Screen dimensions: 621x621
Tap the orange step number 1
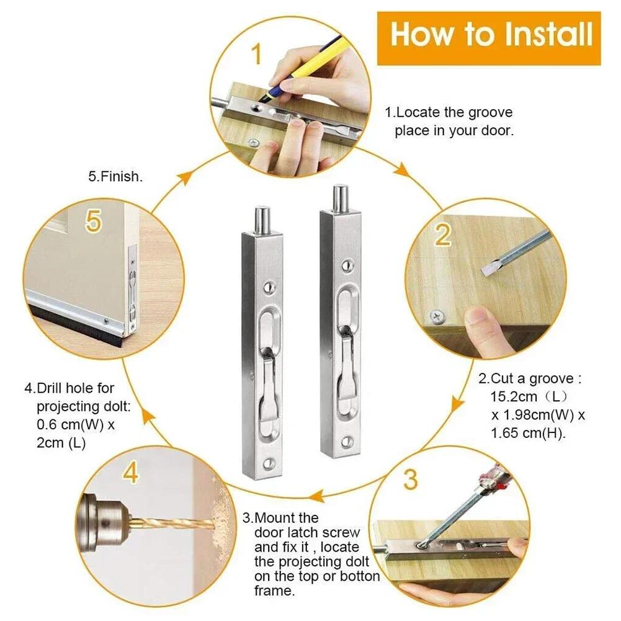coord(256,55)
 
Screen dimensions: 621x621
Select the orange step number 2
coord(442,236)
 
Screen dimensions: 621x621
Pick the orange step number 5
coord(93,221)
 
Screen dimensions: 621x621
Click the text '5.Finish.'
coord(115,176)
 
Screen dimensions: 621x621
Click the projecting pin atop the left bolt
coord(261,221)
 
